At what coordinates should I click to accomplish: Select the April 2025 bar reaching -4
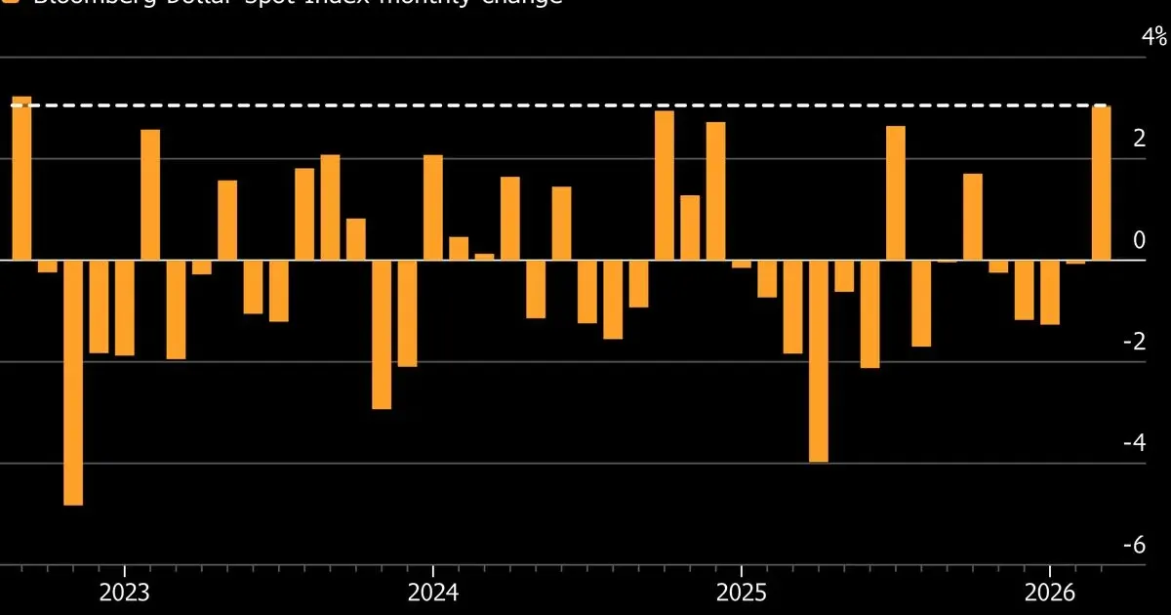click(x=819, y=361)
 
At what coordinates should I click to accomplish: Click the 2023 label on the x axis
click(x=124, y=593)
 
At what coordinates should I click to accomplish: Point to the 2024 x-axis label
click(x=432, y=593)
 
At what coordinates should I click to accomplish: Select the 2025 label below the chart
click(x=741, y=593)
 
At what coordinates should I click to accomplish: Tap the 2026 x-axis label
click(x=1049, y=593)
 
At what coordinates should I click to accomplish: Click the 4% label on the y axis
click(x=1155, y=37)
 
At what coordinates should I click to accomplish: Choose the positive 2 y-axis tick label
click(x=1160, y=139)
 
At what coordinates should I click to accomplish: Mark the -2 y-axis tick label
click(x=1156, y=341)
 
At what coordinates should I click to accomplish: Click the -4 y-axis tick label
click(x=1156, y=442)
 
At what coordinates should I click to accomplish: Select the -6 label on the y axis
click(x=1156, y=544)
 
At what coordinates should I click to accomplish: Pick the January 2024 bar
click(x=433, y=208)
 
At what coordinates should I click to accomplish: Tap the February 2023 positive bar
click(x=150, y=195)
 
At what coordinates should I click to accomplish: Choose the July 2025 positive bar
click(x=896, y=193)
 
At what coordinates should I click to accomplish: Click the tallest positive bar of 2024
click(x=665, y=185)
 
